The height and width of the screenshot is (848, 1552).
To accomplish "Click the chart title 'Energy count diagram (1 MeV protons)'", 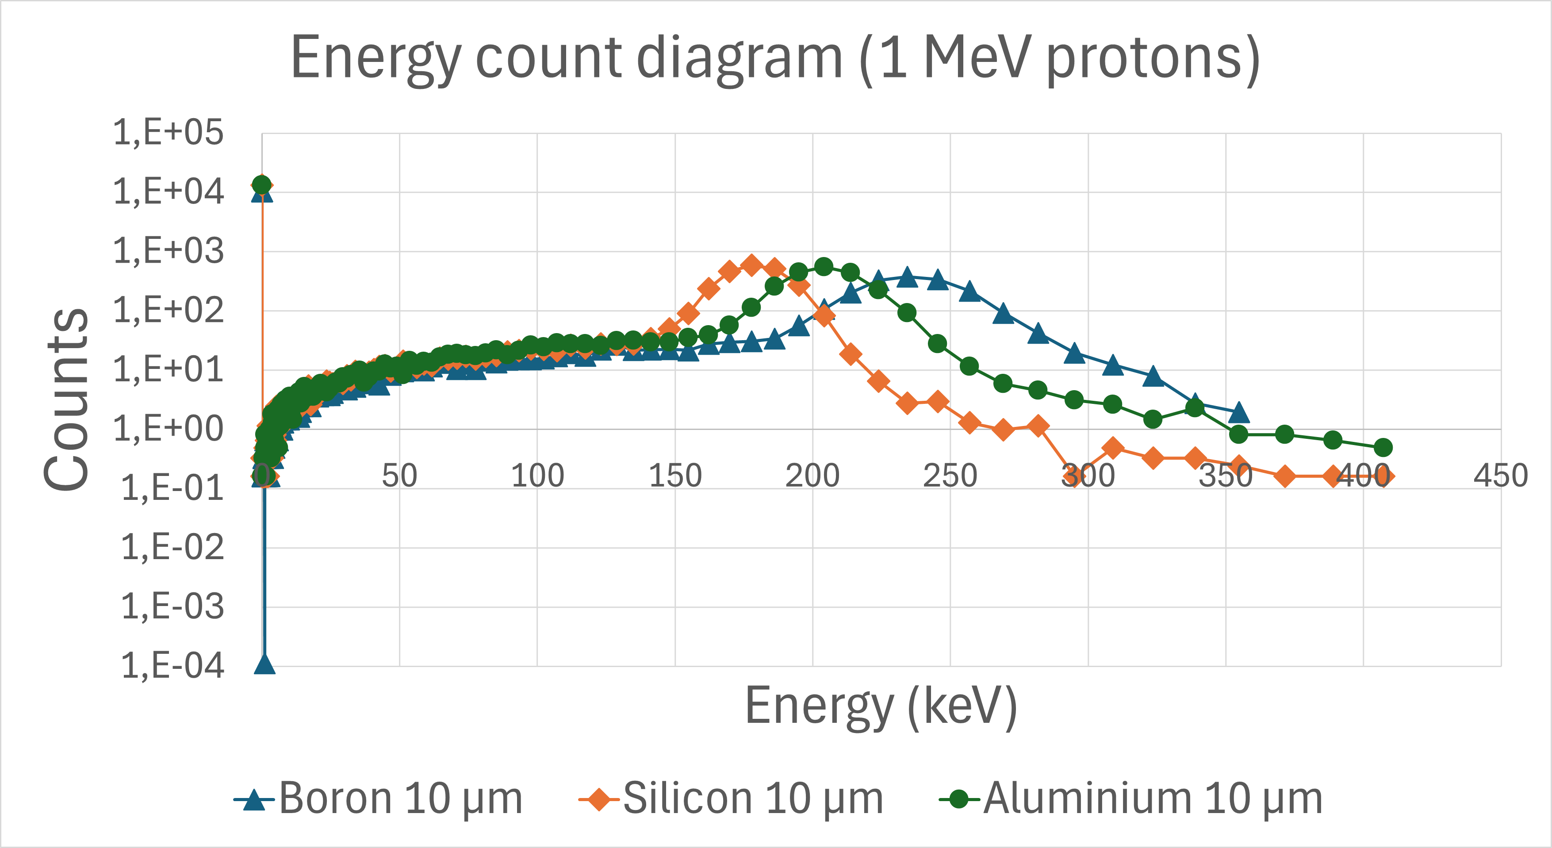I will coord(775,58).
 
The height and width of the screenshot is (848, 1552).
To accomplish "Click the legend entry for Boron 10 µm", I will coord(378,798).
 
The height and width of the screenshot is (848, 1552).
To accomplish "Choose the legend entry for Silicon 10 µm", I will coord(731,798).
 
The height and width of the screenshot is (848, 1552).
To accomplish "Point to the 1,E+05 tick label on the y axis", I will coord(168,133).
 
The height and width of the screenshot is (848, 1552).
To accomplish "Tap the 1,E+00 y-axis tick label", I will coord(168,429).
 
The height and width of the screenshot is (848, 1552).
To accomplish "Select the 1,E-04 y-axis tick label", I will coord(172,666).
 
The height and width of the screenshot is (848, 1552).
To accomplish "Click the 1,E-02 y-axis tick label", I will coord(172,547).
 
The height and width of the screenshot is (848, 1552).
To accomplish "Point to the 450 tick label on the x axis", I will coord(1501,476).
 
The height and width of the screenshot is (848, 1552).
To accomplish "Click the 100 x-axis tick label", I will coord(537,476).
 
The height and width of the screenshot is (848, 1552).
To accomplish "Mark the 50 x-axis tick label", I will coord(399,476).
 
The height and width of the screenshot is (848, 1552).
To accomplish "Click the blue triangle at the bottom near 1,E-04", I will coord(264,664).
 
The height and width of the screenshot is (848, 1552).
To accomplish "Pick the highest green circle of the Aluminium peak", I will coord(824,266).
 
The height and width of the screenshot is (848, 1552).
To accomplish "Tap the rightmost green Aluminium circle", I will coord(1383,447).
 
